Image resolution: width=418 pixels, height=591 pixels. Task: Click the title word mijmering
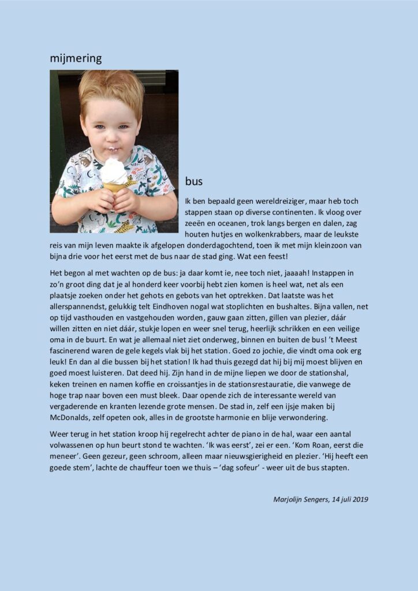tap(76, 58)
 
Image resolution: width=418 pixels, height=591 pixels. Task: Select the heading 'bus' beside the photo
tap(194, 181)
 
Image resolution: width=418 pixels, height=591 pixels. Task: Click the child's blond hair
tap(111, 86)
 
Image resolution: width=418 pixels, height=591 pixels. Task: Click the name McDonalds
tap(76, 417)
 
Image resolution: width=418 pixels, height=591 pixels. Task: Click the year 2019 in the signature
tap(359, 499)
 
